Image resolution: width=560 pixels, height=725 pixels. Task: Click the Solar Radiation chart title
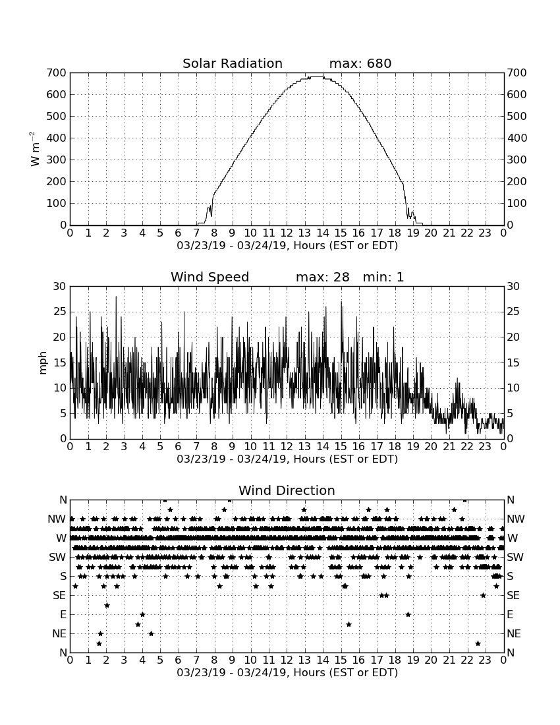pyautogui.click(x=233, y=63)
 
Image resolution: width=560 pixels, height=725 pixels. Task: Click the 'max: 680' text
pyautogui.click(x=360, y=63)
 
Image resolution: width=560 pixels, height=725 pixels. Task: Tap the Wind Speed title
pyautogui.click(x=210, y=277)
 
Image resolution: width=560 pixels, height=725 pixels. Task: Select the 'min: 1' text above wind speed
pyautogui.click(x=383, y=277)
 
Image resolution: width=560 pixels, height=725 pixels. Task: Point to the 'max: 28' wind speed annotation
pyautogui.click(x=323, y=277)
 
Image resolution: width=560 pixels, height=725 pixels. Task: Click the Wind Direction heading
pyautogui.click(x=287, y=490)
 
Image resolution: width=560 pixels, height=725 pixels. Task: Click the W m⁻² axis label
pyautogui.click(x=35, y=149)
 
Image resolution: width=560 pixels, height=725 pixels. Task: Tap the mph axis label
pyautogui.click(x=43, y=362)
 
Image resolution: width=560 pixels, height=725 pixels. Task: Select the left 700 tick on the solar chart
pyautogui.click(x=57, y=72)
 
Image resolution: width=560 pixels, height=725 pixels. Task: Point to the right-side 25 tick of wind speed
pyautogui.click(x=513, y=312)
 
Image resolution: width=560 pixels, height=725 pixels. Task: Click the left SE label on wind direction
pyautogui.click(x=59, y=596)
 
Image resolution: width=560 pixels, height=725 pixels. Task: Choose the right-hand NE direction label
pyautogui.click(x=515, y=633)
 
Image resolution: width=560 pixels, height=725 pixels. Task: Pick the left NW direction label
pyautogui.click(x=57, y=519)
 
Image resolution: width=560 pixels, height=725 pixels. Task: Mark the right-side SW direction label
pyautogui.click(x=515, y=557)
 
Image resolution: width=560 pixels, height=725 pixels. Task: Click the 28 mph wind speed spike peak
pyautogui.click(x=116, y=297)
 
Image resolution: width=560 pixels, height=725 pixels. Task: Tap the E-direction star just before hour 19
pyautogui.click(x=408, y=614)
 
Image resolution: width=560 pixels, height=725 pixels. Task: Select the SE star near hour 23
pyautogui.click(x=483, y=596)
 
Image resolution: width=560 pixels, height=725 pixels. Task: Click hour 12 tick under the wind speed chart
pyautogui.click(x=287, y=447)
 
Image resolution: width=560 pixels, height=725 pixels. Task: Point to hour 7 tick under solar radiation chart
pyautogui.click(x=196, y=233)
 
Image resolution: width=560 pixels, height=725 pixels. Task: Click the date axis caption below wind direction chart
pyautogui.click(x=287, y=673)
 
